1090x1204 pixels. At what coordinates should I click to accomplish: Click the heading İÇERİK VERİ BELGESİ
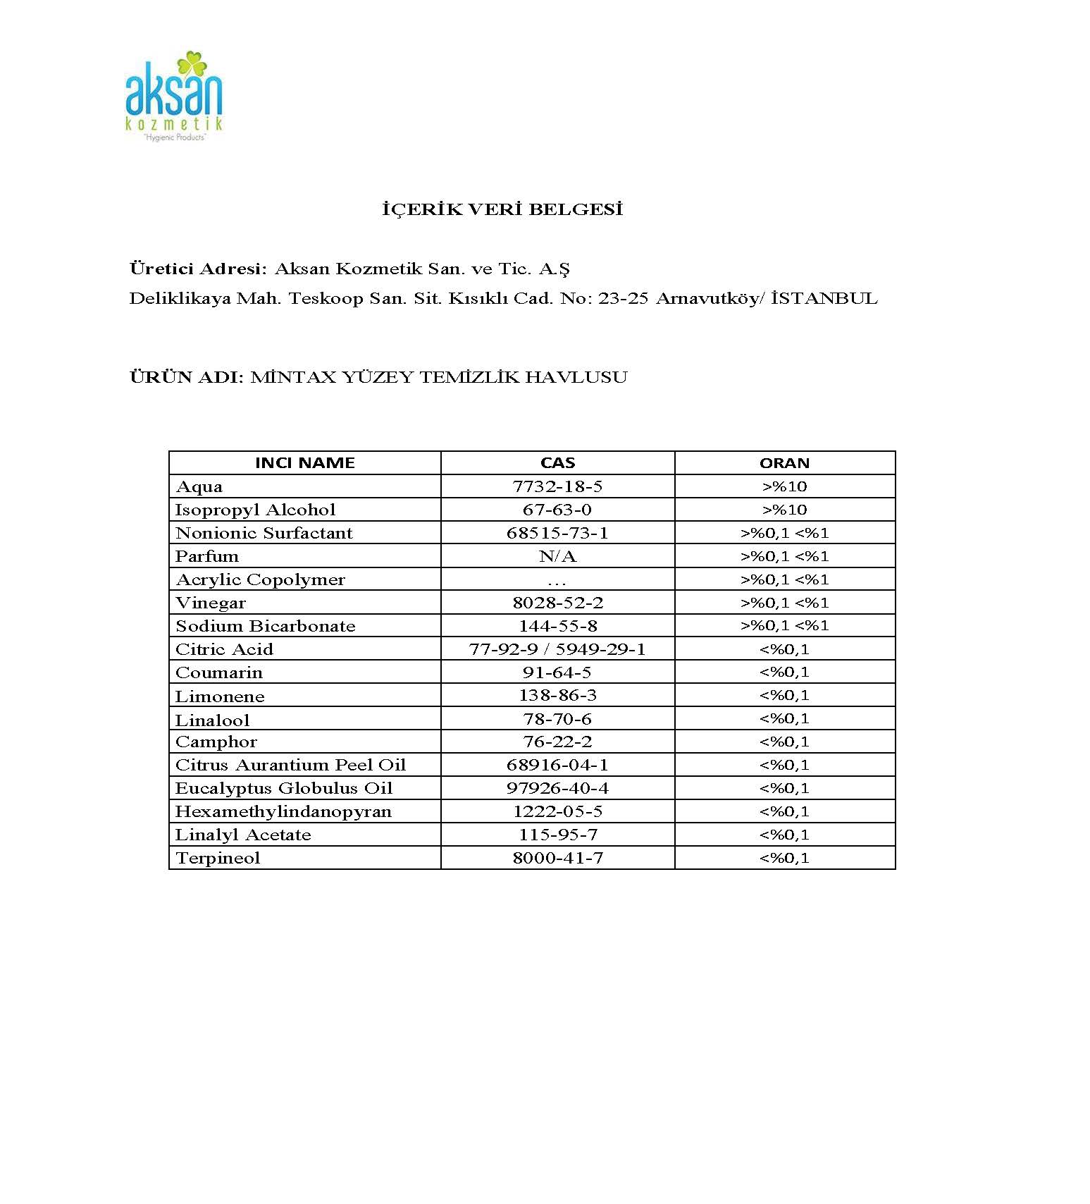click(x=502, y=209)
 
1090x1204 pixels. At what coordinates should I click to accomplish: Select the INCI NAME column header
click(x=304, y=463)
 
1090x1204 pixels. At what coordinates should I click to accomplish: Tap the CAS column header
click(x=557, y=463)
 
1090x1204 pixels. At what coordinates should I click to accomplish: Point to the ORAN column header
click(x=784, y=463)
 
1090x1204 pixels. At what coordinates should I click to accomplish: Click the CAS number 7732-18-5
click(x=557, y=486)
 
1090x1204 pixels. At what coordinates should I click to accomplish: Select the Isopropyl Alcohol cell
click(x=255, y=510)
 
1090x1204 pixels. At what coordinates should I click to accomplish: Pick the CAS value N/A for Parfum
click(x=557, y=556)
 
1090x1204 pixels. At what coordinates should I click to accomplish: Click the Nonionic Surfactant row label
click(x=264, y=533)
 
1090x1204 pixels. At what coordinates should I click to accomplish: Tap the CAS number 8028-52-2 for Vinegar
click(x=557, y=603)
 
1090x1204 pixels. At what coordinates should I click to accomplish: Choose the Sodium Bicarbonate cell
click(x=265, y=626)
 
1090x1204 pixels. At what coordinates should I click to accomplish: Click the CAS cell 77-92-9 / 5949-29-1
click(x=557, y=649)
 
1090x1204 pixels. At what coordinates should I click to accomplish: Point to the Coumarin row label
click(x=218, y=672)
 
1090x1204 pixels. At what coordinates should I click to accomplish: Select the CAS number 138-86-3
click(x=557, y=696)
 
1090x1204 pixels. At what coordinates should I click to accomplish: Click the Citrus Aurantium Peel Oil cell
click(x=290, y=765)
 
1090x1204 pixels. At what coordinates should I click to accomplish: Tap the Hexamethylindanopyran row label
click(x=283, y=811)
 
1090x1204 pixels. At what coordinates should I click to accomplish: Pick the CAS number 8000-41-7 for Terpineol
click(x=557, y=858)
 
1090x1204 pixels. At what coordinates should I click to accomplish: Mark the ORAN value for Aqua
click(x=784, y=486)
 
